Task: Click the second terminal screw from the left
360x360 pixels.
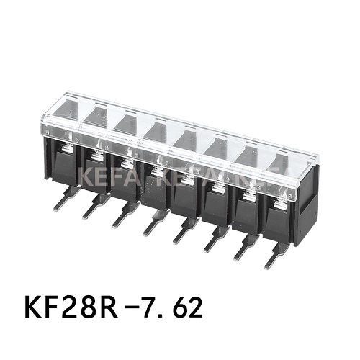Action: tap(96, 153)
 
